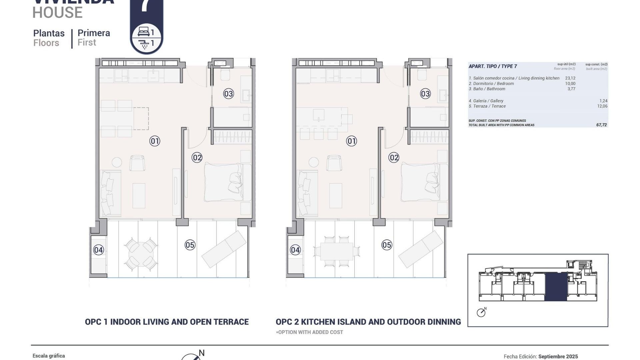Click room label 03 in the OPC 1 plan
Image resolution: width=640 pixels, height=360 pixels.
coord(228,94)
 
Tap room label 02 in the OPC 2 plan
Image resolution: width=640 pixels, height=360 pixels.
coord(394,158)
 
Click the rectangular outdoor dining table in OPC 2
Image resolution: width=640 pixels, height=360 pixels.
coord(337,252)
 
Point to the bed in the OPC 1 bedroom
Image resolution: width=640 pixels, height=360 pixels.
coord(223,182)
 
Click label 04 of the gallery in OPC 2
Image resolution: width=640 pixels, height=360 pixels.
coord(295,250)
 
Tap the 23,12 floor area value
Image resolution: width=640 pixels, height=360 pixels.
coord(570,78)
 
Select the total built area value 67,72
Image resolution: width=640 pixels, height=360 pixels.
coord(601,125)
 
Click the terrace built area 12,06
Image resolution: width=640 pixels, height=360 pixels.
coord(602,106)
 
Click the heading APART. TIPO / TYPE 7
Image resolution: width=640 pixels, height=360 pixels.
coord(493,66)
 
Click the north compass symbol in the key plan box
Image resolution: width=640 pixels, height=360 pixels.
coord(481,313)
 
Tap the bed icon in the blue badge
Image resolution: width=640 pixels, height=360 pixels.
coord(144,32)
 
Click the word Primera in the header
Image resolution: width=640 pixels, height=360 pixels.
coord(94,33)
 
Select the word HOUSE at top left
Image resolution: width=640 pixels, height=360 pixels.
coord(57,13)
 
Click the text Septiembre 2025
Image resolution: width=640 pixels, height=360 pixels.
coord(558,357)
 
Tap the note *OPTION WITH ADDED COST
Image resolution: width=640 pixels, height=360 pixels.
coord(309,332)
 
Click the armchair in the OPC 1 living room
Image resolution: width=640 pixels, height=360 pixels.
coord(137,163)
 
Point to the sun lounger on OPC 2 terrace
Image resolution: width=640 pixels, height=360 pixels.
coord(421,249)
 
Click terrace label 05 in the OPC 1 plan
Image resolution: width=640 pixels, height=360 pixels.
coord(190,245)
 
